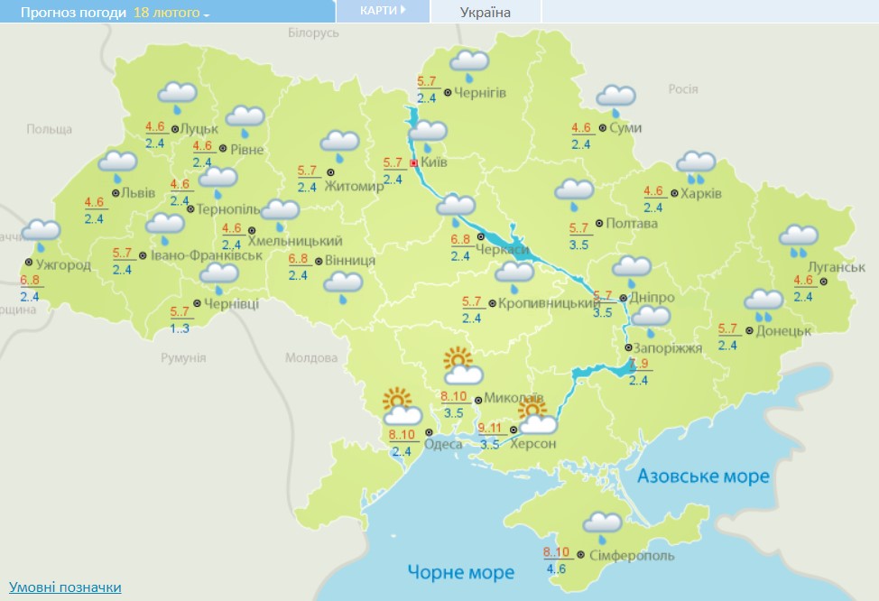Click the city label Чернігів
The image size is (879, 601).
(x=480, y=93)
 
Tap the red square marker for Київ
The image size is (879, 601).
(x=413, y=163)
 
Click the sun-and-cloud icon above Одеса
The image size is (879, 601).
(x=400, y=407)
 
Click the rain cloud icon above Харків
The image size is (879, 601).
(x=697, y=164)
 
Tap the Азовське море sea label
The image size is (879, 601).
(x=703, y=476)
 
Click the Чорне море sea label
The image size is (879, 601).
(x=460, y=571)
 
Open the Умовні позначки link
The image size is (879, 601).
(x=65, y=587)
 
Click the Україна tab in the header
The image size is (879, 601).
(x=486, y=12)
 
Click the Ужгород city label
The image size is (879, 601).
(x=63, y=264)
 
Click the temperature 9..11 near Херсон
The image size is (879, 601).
(x=491, y=429)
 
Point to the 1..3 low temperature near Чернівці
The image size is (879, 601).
(x=180, y=328)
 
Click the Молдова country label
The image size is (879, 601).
(x=311, y=357)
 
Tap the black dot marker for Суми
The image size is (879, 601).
(x=603, y=128)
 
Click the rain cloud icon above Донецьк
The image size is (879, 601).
(x=763, y=302)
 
